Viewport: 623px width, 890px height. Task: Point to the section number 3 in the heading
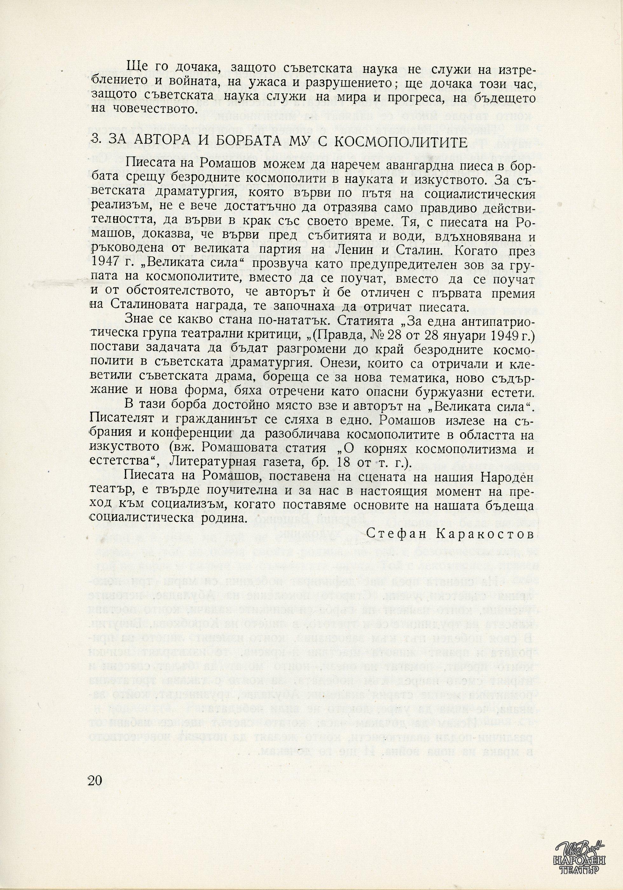pyautogui.click(x=93, y=142)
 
